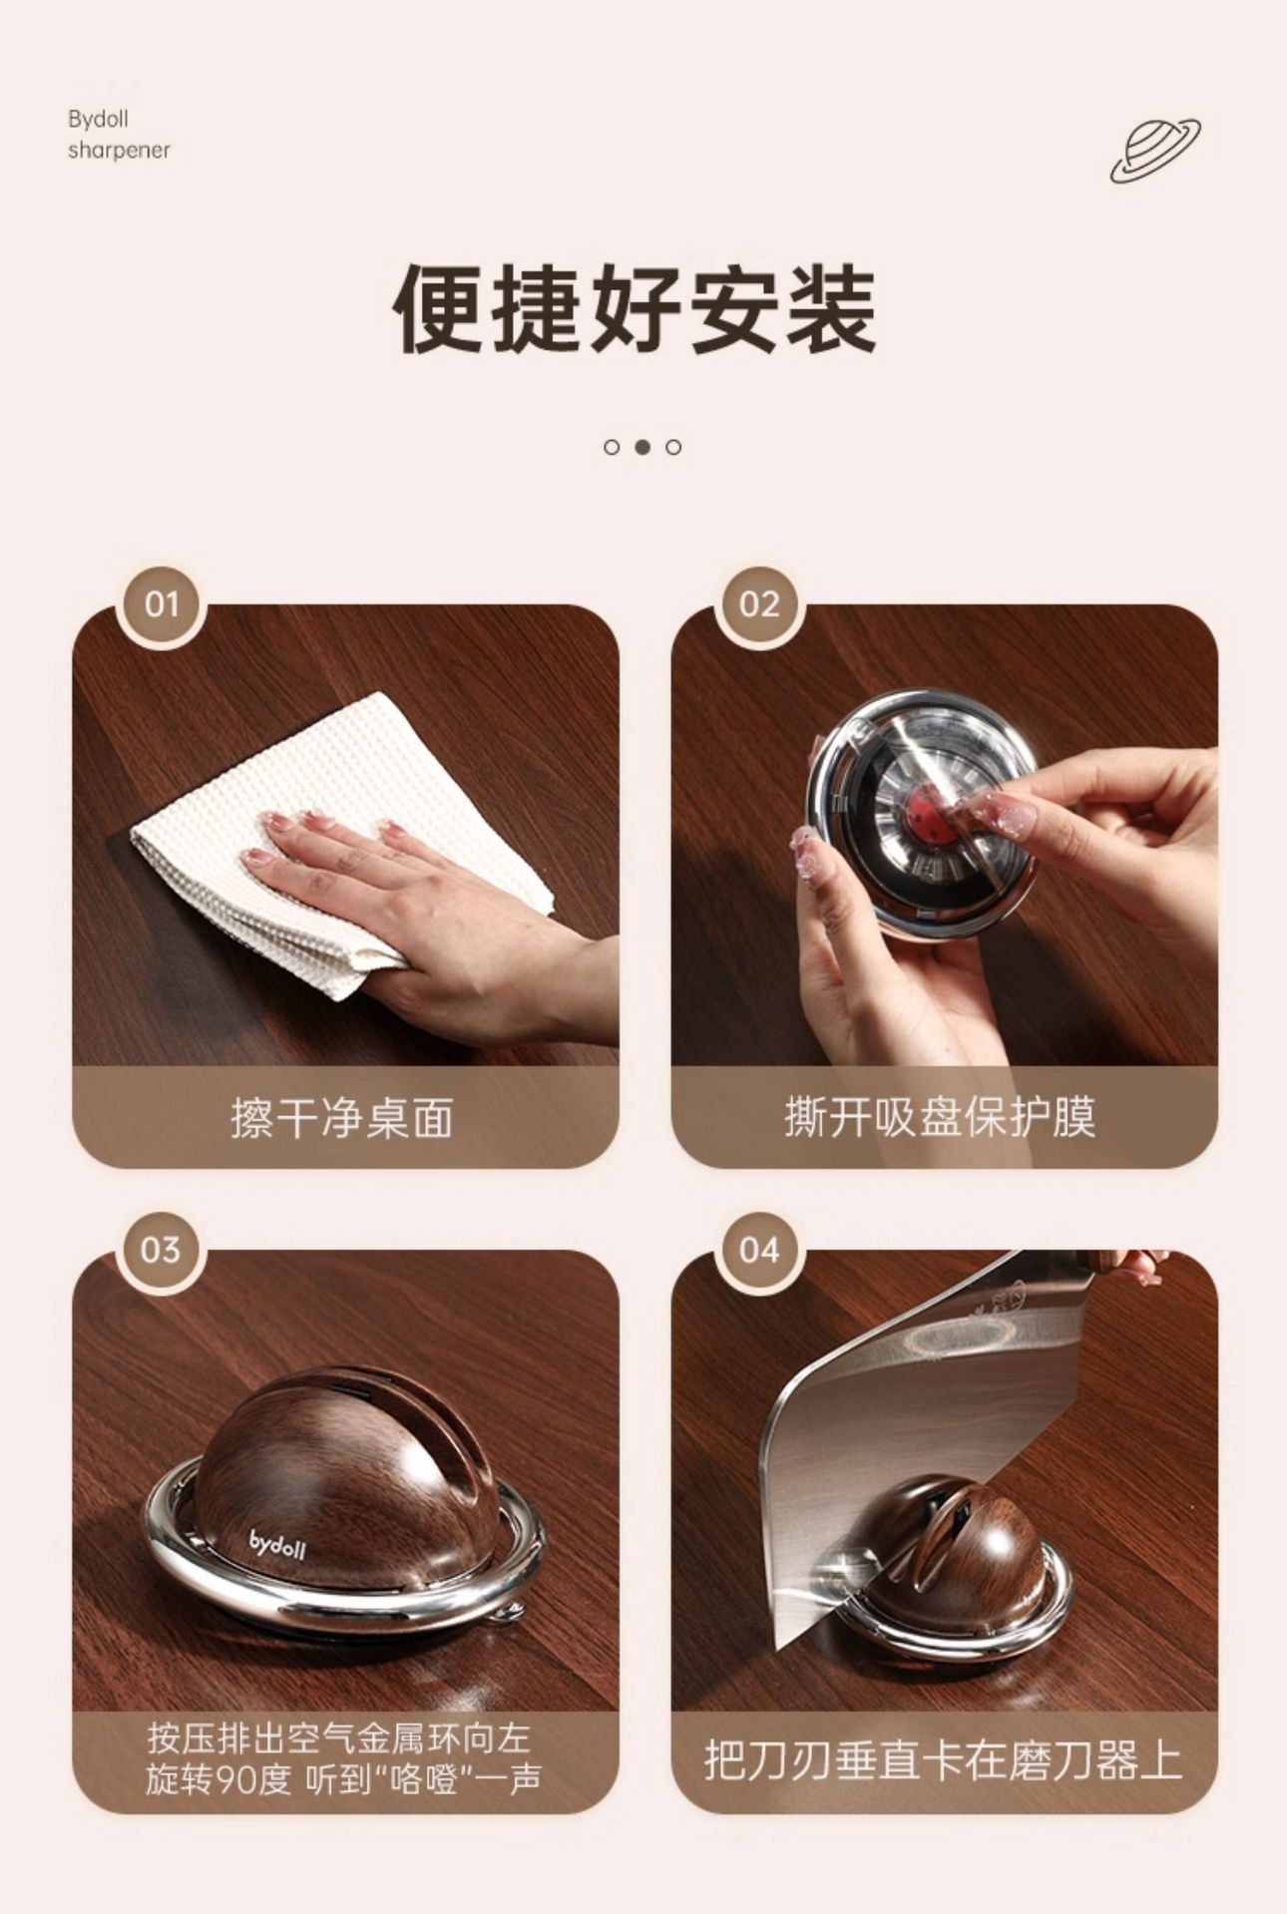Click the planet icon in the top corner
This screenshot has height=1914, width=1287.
pos(1155,151)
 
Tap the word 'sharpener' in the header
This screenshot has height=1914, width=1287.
pos(119,151)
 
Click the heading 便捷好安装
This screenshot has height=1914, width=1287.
pos(635,308)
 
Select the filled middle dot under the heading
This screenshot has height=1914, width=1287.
pos(643,447)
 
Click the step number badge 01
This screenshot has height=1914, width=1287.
pos(161,605)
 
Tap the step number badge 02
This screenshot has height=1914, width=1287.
pos(759,605)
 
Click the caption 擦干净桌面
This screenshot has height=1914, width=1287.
pos(342,1118)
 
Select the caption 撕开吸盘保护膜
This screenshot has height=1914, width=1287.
pos(940,1117)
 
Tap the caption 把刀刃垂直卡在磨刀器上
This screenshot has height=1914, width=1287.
pos(943,1760)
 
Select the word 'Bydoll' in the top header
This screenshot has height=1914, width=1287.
pos(98,120)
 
